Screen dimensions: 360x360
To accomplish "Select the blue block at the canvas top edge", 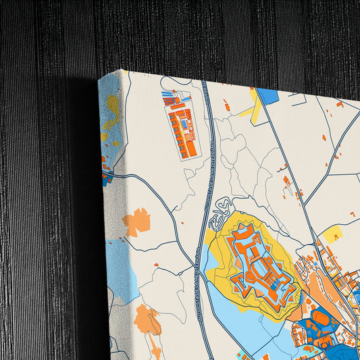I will [269, 96].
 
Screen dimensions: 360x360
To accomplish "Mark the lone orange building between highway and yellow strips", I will [227, 105].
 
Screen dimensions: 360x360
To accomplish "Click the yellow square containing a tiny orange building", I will [332, 234].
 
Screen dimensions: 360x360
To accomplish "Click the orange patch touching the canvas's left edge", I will [136, 222].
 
